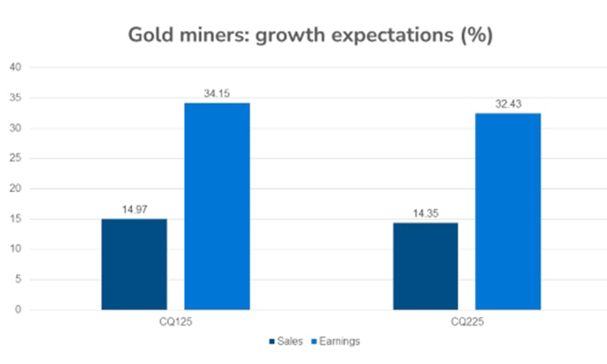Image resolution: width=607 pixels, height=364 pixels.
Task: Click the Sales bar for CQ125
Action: [x=134, y=265]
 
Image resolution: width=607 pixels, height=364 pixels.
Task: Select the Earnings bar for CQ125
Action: [x=217, y=206]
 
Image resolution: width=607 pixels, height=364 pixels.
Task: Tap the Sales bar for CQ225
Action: [x=426, y=266]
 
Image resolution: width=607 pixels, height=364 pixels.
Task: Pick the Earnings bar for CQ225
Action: [x=508, y=212]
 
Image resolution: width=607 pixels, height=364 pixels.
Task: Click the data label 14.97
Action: [x=134, y=210]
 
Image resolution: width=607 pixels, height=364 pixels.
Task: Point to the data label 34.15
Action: [x=217, y=94]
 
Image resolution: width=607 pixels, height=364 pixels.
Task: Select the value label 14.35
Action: [x=426, y=214]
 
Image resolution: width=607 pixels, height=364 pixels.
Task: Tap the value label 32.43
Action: [x=508, y=104]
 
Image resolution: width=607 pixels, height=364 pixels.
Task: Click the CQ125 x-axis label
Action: [x=176, y=325]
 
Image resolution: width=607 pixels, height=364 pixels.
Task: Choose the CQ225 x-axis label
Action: [x=467, y=325]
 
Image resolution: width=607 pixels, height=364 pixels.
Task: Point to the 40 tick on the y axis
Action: [x=16, y=67]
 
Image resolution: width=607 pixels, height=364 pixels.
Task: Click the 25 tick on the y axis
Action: [x=16, y=158]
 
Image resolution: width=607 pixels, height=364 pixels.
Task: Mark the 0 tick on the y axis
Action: [x=19, y=310]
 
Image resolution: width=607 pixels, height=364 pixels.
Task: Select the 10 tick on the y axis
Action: [x=16, y=249]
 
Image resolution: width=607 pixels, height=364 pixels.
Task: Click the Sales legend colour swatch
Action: [x=271, y=342]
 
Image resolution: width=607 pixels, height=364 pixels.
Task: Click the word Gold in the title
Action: [x=149, y=36]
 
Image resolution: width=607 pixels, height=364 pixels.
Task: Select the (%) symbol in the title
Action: [x=475, y=36]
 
